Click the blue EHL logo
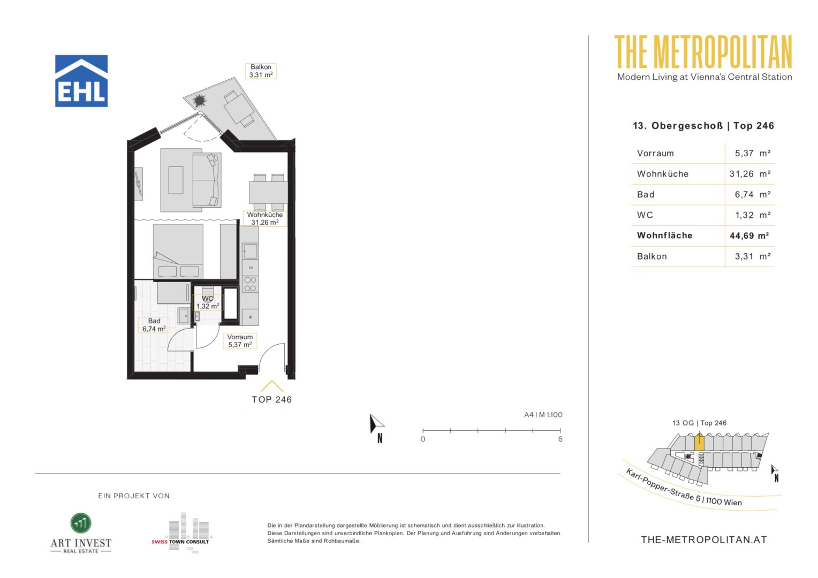coord(81,81)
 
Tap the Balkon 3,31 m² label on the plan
coord(261,71)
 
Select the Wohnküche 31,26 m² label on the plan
coord(265,218)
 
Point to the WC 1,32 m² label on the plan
coord(208,302)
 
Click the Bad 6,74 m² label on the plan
coord(154,325)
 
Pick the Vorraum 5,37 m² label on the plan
coord(240,341)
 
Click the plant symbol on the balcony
coord(199,100)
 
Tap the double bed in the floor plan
coord(178,252)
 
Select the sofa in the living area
coord(207,180)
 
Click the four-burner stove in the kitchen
coord(250,284)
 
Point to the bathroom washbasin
coord(183,315)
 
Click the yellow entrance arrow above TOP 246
coord(272,386)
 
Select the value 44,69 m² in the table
coord(749,235)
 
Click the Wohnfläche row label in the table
coord(665,235)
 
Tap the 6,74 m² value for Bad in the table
coord(753,194)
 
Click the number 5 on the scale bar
coord(560,439)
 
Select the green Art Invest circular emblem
coord(81,523)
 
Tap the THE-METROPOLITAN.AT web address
coord(703,539)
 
